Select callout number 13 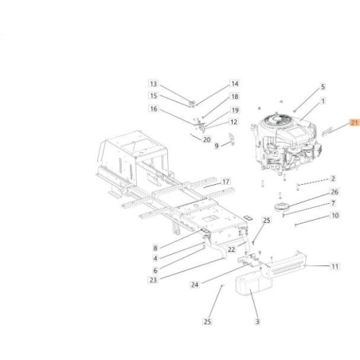(x=154, y=84)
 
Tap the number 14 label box (x=213, y=84)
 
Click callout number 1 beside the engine (x=323, y=101)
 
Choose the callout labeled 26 (x=334, y=192)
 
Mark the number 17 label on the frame (x=225, y=181)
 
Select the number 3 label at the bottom (x=257, y=322)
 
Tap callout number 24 (x=194, y=284)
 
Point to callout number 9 (x=194, y=146)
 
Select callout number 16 (x=154, y=108)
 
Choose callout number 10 (x=334, y=215)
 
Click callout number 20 (x=206, y=139)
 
